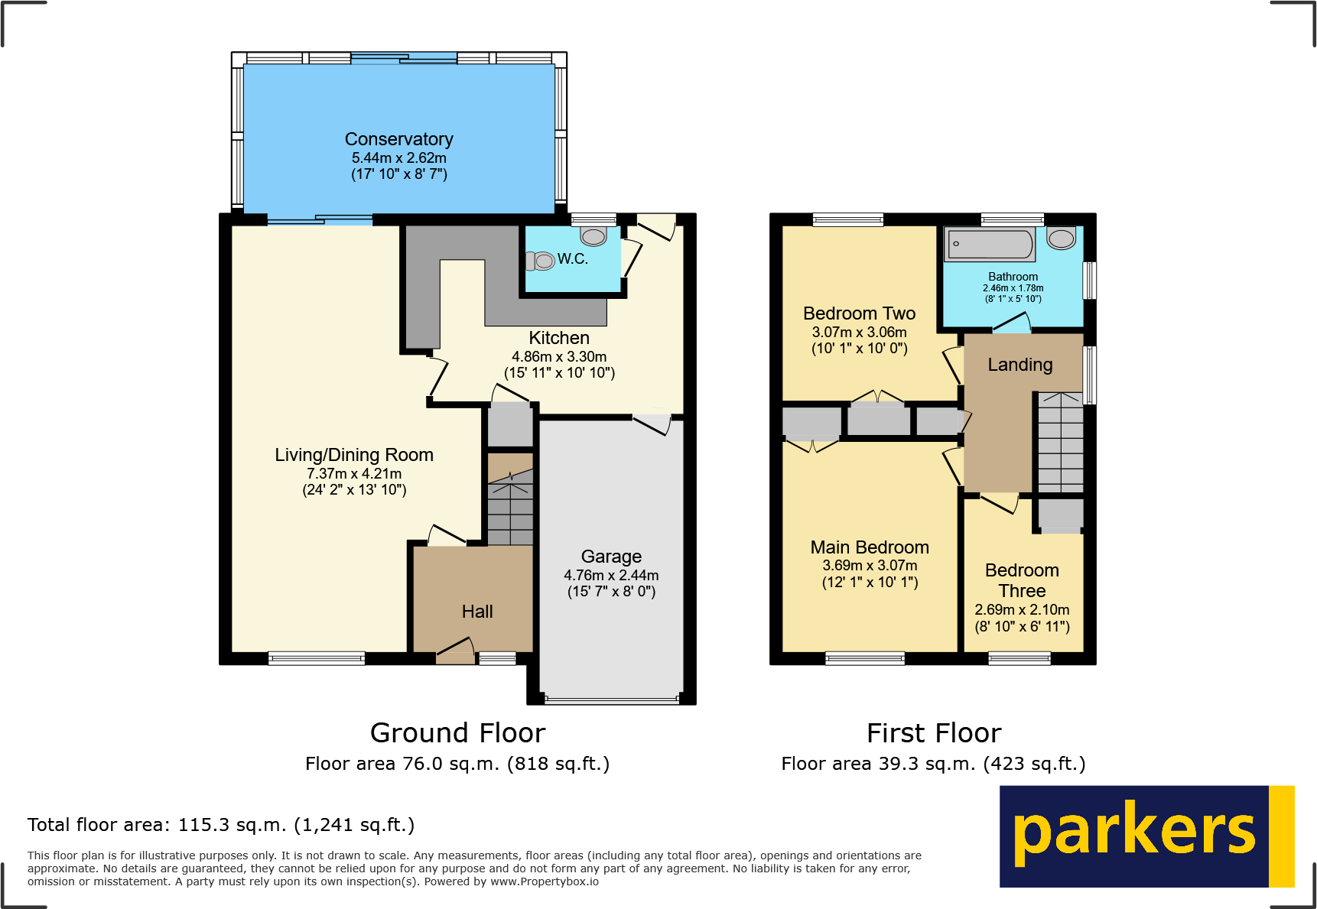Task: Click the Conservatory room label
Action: pyautogui.click(x=398, y=139)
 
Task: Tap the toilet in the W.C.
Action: pyautogui.click(x=541, y=261)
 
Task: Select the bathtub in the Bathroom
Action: pyautogui.click(x=990, y=245)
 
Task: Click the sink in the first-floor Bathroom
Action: pyautogui.click(x=1061, y=239)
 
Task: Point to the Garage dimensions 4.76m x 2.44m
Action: pyautogui.click(x=611, y=575)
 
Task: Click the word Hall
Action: pyautogui.click(x=476, y=612)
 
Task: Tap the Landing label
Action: pyautogui.click(x=1019, y=365)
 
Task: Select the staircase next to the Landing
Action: pyautogui.click(x=1060, y=443)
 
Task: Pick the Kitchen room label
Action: pyautogui.click(x=559, y=338)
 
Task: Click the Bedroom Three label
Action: pyautogui.click(x=1022, y=580)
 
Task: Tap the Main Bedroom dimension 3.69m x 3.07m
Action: pyautogui.click(x=870, y=566)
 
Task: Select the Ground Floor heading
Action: pyautogui.click(x=457, y=733)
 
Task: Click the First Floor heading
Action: pyautogui.click(x=933, y=733)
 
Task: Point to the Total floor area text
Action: pyautogui.click(x=221, y=825)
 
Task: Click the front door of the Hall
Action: pyautogui.click(x=455, y=651)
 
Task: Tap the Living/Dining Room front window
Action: pyautogui.click(x=316, y=657)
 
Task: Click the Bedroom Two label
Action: pyautogui.click(x=859, y=313)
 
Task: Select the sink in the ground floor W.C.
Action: pyautogui.click(x=593, y=235)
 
